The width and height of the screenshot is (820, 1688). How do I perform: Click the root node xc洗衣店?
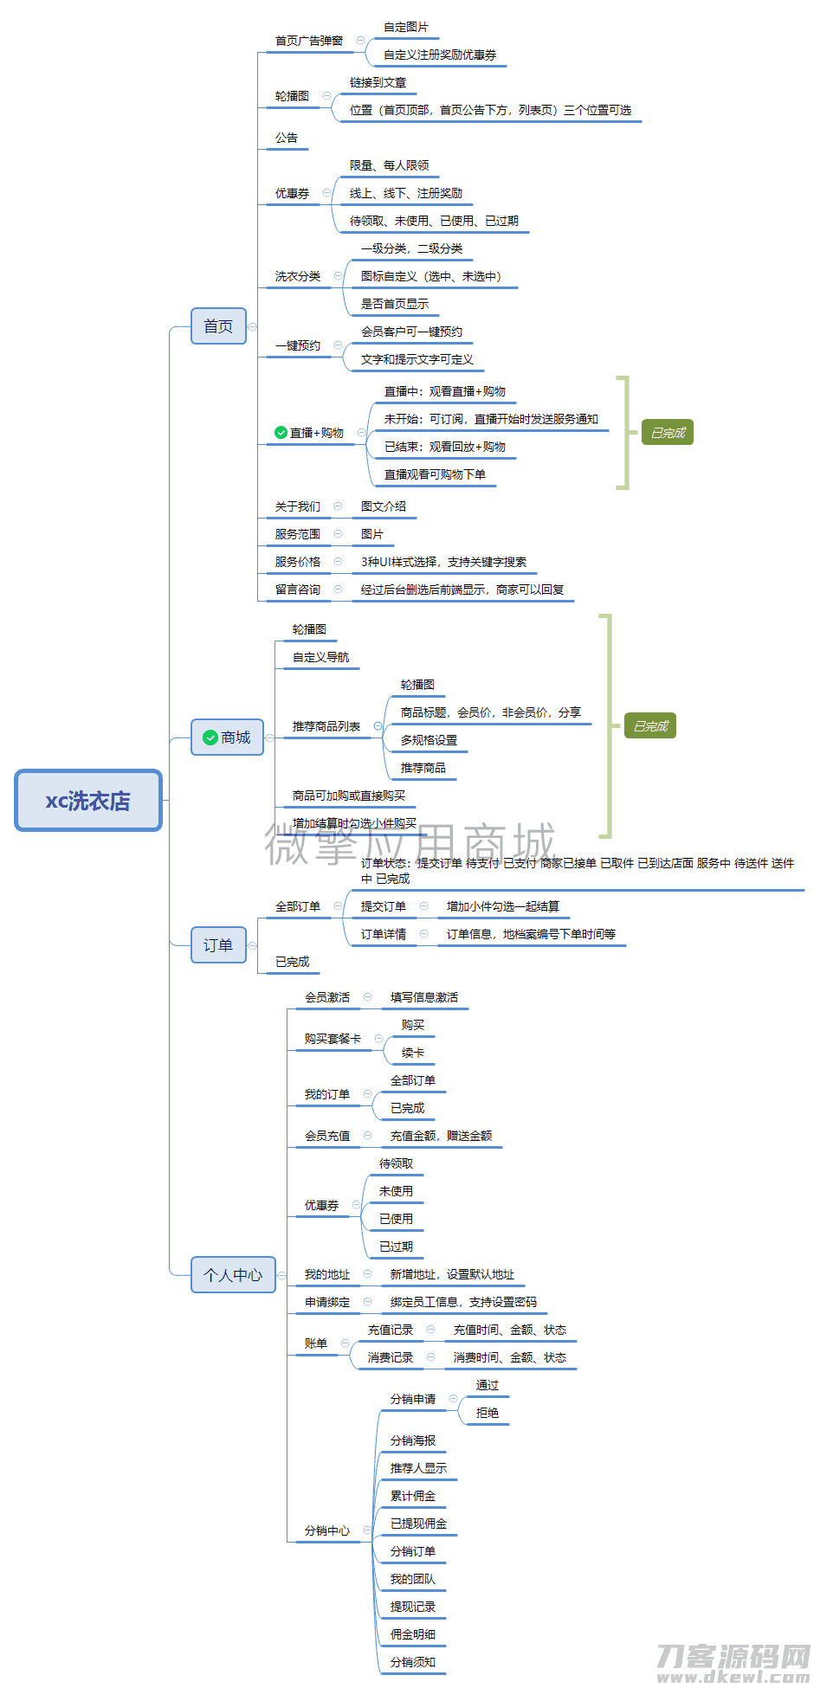click(88, 801)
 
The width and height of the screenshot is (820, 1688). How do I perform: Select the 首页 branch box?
click(218, 326)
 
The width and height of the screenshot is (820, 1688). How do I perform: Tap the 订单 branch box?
click(218, 945)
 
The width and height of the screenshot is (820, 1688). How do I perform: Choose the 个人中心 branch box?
click(233, 1274)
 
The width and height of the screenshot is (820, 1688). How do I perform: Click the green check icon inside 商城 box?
click(210, 738)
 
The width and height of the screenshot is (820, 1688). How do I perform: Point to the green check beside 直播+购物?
click(281, 433)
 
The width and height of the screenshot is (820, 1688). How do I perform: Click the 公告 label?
click(287, 138)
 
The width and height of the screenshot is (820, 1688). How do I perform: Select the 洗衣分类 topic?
click(298, 276)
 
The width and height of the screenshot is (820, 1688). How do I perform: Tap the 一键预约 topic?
click(298, 345)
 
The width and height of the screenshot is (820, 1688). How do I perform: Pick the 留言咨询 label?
click(298, 590)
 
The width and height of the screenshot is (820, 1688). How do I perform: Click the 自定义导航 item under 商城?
click(320, 657)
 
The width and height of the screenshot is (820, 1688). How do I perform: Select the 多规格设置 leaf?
click(429, 740)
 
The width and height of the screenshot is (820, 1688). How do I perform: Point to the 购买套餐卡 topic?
click(333, 1039)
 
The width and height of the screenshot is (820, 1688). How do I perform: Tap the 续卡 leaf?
click(413, 1053)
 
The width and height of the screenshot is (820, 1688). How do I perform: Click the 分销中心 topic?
click(327, 1530)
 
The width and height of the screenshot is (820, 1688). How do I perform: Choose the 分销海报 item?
click(413, 1440)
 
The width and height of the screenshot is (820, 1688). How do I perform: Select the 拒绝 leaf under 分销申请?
click(487, 1413)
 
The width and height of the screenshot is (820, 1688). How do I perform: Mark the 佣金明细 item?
click(413, 1634)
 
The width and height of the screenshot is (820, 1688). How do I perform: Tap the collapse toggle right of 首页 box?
click(253, 326)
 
